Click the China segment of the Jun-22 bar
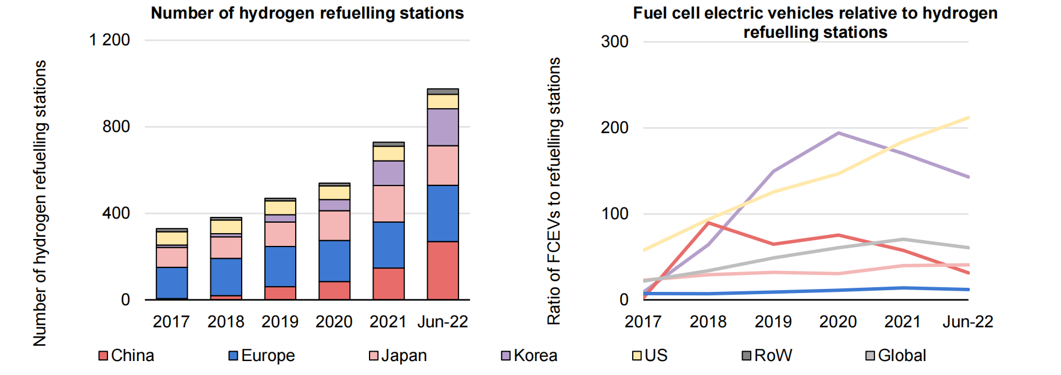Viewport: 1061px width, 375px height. point(442,270)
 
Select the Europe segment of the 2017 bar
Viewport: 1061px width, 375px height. point(171,283)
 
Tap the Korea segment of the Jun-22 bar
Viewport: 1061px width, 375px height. point(442,127)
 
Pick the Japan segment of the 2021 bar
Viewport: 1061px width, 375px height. point(388,203)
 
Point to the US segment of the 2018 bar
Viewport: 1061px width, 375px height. point(226,227)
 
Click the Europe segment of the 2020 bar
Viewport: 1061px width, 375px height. point(334,260)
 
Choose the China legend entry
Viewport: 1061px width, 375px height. point(126,355)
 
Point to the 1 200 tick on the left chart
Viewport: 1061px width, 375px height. point(109,40)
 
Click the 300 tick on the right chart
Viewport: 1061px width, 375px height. point(614,42)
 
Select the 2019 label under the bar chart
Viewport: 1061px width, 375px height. point(279,322)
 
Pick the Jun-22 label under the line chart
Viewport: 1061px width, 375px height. point(967,322)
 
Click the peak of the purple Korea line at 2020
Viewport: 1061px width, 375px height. point(838,133)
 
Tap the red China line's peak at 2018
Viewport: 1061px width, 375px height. point(708,223)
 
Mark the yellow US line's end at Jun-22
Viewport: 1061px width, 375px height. point(967,118)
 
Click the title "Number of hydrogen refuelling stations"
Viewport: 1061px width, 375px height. point(307,13)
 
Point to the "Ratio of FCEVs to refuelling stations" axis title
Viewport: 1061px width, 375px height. point(554,191)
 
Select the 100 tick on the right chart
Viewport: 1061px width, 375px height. point(614,213)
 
